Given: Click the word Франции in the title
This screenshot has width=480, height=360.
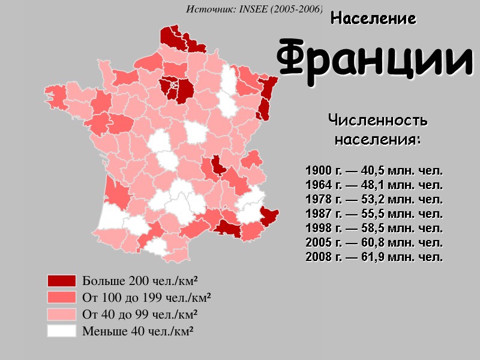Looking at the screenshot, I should pyautogui.click(x=374, y=59).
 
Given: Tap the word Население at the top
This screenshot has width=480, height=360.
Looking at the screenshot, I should pyautogui.click(x=373, y=19).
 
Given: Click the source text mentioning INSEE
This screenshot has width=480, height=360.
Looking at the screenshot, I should pyautogui.click(x=254, y=9).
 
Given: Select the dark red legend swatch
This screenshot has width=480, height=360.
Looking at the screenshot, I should pyautogui.click(x=62, y=281).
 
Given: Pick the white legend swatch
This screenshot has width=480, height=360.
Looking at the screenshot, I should pyautogui.click(x=62, y=331).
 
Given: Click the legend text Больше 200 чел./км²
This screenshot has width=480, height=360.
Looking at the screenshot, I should pyautogui.click(x=140, y=281).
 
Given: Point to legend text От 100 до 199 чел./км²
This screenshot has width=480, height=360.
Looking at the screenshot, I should pyautogui.click(x=146, y=297).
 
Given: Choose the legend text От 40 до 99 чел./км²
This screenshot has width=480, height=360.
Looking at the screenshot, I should pyautogui.click(x=140, y=314).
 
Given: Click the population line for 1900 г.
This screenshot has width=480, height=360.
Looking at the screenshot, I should pyautogui.click(x=374, y=170).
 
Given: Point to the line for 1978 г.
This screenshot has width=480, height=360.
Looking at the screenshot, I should pyautogui.click(x=374, y=199).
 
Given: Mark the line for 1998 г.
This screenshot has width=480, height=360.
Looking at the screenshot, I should pyautogui.click(x=374, y=228).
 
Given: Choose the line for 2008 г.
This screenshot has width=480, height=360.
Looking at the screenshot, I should pyautogui.click(x=374, y=257).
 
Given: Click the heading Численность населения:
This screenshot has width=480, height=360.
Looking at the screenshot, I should pyautogui.click(x=377, y=130).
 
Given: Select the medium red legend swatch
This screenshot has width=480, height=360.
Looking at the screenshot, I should pyautogui.click(x=62, y=297).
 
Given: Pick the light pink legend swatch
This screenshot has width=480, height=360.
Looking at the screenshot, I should pyautogui.click(x=62, y=314).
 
